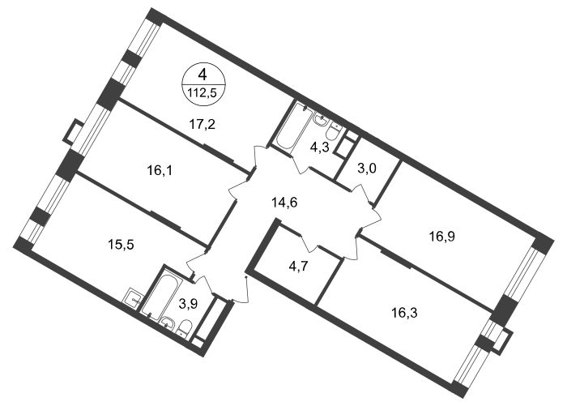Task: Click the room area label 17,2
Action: (x=202, y=125)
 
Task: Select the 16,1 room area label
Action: (x=160, y=170)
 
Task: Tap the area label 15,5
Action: (x=122, y=245)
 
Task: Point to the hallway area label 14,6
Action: (x=284, y=203)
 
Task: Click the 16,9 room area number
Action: (x=442, y=237)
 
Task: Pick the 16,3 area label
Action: (x=405, y=312)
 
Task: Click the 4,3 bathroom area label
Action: (x=320, y=147)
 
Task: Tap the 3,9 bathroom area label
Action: (x=189, y=304)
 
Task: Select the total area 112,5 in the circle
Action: (x=202, y=93)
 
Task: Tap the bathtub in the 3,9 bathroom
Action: (x=161, y=293)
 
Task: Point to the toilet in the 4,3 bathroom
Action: (x=333, y=132)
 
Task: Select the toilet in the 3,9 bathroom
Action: (x=184, y=328)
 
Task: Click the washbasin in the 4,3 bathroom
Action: (x=321, y=118)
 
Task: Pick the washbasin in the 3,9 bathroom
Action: (x=168, y=322)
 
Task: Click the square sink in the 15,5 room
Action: (x=133, y=298)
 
